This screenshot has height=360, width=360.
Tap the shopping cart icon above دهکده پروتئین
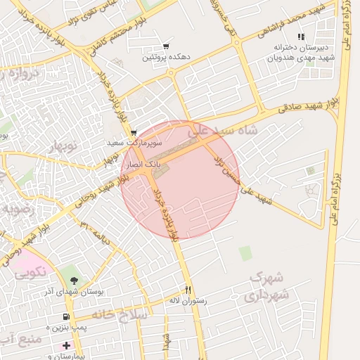(166, 45)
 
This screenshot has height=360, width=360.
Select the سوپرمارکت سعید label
(126, 143)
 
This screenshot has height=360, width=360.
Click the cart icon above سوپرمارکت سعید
(134, 132)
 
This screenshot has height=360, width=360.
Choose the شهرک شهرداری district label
(268, 286)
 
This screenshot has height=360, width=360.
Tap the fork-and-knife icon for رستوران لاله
(188, 290)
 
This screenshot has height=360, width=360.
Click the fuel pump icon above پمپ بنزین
(66, 318)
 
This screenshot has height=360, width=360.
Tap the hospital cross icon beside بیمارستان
(66, 345)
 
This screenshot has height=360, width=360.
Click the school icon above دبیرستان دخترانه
(301, 37)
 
